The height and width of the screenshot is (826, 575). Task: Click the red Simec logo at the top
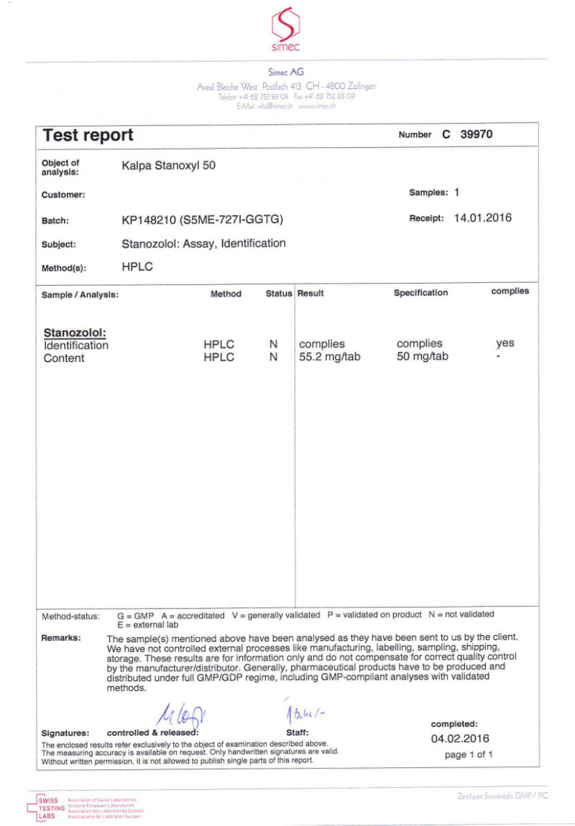(285, 27)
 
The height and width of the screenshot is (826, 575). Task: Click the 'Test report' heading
(88, 135)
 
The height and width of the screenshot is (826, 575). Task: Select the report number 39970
(477, 134)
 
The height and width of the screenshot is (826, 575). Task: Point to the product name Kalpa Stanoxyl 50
(169, 165)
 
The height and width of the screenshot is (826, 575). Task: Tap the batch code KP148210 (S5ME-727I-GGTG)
(203, 220)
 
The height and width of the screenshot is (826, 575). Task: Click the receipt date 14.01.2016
(483, 218)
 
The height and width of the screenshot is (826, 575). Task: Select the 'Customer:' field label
(63, 195)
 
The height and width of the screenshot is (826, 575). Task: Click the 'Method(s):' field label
(64, 268)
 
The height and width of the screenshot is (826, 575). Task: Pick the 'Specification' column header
(420, 293)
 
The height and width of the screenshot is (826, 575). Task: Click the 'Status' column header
(279, 294)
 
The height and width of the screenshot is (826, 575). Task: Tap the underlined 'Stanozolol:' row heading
(75, 333)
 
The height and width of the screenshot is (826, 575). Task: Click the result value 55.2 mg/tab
(329, 358)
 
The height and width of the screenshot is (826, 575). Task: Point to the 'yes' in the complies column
(505, 343)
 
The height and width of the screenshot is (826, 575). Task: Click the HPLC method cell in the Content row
(218, 358)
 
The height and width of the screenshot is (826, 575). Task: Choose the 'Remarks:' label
(61, 638)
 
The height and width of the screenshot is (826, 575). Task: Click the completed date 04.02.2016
(460, 738)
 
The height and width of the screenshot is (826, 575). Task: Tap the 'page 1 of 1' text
(469, 754)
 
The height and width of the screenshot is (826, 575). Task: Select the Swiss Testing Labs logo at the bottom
(51, 805)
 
